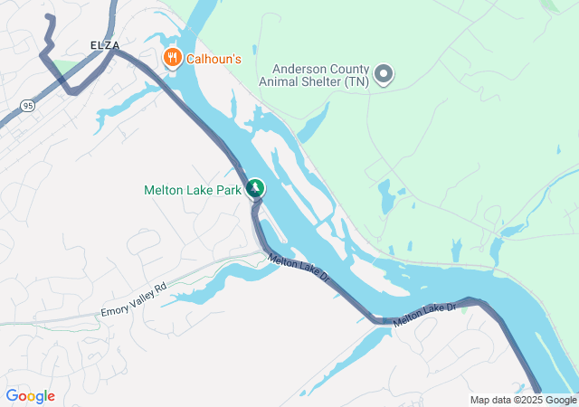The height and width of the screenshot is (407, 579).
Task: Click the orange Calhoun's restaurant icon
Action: [172, 59]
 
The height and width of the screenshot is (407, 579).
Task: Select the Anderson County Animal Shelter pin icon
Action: [384, 73]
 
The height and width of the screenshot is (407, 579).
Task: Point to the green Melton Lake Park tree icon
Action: [256, 188]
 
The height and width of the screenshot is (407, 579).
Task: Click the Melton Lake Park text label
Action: [193, 190]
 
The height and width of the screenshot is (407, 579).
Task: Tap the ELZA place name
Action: [105, 44]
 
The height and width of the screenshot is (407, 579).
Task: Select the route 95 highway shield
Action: [27, 106]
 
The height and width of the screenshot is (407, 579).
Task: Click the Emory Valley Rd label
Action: [135, 299]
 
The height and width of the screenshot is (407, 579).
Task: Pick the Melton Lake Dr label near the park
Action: [299, 270]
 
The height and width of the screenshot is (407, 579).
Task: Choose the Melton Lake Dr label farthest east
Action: [425, 313]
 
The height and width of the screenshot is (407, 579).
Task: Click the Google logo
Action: [30, 396]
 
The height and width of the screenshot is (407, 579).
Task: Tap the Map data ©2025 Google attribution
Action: [523, 400]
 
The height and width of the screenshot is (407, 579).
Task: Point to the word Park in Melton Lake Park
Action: [228, 190]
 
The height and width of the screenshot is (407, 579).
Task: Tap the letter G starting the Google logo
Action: [12, 396]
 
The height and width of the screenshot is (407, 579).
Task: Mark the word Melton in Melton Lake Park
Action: [165, 190]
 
